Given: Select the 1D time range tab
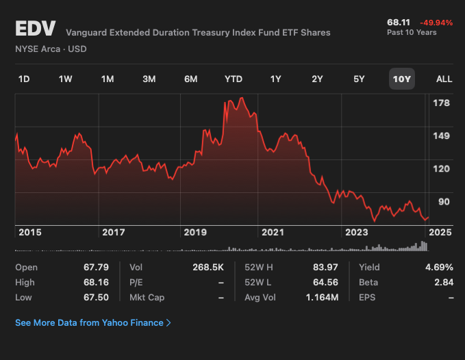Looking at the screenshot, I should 24,79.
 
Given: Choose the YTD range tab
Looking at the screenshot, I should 234,79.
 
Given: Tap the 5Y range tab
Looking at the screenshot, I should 359,79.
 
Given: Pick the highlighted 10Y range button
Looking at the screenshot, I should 401,79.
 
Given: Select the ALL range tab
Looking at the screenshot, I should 444,79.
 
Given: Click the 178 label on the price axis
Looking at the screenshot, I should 441,103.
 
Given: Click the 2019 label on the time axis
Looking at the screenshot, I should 195,232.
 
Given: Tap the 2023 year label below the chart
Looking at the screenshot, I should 356,232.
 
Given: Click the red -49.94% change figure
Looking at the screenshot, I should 436,23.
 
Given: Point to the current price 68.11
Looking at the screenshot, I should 399,23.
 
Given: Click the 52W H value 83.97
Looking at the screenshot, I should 325,267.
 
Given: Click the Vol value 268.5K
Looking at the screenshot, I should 208,267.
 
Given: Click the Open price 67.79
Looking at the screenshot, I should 97,267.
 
